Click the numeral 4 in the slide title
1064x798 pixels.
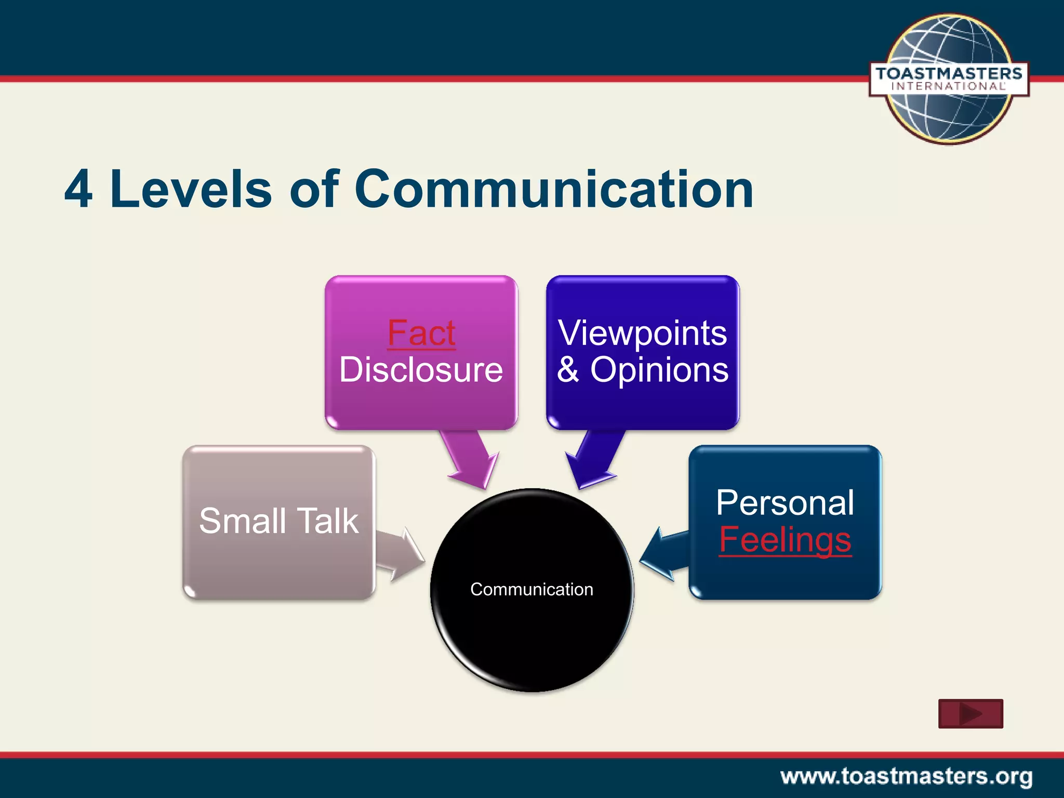tap(79, 190)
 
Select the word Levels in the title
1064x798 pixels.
tap(191, 190)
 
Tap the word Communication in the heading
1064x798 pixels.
tap(554, 190)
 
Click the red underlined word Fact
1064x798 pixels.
tap(421, 333)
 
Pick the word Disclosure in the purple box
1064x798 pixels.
tap(421, 370)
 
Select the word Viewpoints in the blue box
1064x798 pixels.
tap(642, 333)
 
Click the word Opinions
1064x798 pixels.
tap(659, 370)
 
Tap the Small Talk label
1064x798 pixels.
tap(279, 521)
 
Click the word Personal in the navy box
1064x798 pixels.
tap(785, 502)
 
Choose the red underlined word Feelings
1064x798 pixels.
tap(785, 540)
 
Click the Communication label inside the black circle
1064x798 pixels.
tap(531, 589)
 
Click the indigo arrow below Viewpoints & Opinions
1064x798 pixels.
tap(594, 458)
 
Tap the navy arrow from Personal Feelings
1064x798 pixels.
tap(664, 553)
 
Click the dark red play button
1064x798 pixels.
tap(970, 714)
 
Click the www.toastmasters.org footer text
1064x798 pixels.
tap(906, 777)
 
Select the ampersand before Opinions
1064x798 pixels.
tap(568, 370)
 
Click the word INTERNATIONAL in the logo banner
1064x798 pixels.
tap(949, 86)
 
